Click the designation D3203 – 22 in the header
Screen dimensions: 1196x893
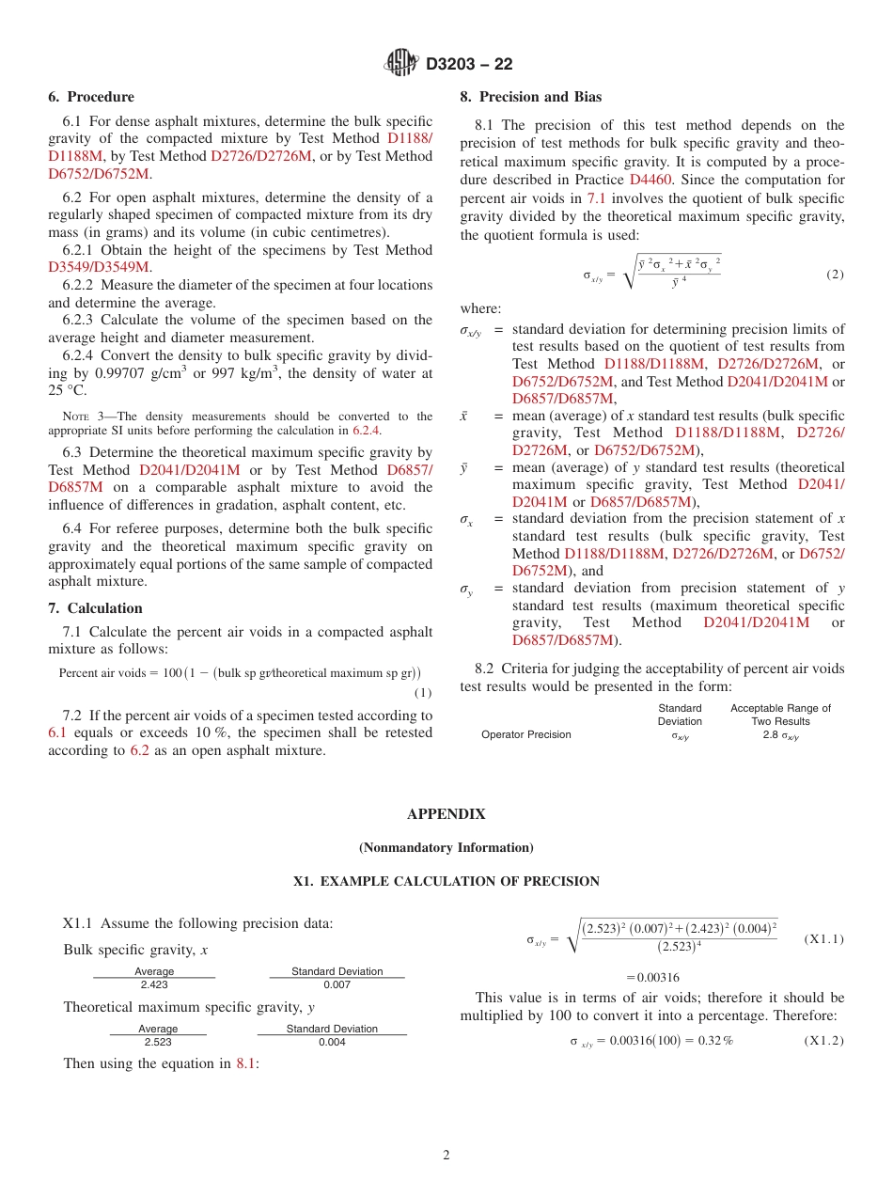(x=469, y=64)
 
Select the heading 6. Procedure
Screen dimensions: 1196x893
(x=91, y=97)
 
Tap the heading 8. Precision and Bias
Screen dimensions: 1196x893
(x=530, y=97)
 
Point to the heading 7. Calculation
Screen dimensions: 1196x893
(x=95, y=608)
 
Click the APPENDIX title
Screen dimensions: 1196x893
(x=446, y=814)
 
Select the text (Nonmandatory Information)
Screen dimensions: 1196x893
(x=446, y=848)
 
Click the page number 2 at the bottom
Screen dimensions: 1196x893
(x=446, y=1156)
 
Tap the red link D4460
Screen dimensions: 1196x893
(x=650, y=180)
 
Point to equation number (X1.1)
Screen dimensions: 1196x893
(x=824, y=939)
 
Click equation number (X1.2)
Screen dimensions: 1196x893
(x=824, y=1041)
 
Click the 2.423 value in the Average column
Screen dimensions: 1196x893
(x=154, y=984)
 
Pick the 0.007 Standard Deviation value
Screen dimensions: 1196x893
(x=337, y=984)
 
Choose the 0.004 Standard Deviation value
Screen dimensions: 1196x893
(x=332, y=1042)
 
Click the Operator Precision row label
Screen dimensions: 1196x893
(x=525, y=734)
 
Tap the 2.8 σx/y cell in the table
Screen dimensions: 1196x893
(x=780, y=735)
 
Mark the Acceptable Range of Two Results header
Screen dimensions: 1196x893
(x=780, y=715)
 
